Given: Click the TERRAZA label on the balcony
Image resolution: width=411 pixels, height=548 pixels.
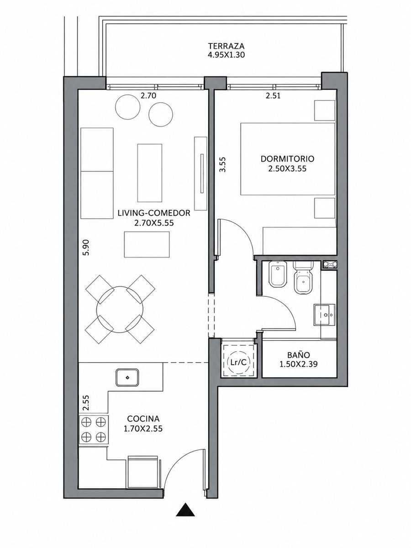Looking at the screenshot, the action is (227, 46).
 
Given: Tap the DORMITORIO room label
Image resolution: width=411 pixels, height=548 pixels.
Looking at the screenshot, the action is (287, 159).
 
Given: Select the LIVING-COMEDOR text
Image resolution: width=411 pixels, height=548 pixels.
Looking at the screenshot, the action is (154, 213).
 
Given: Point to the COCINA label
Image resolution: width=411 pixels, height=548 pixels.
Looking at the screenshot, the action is (143, 418).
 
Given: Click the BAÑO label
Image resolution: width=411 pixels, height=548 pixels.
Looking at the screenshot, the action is (299, 355).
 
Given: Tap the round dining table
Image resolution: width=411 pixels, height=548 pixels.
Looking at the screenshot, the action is (120, 309).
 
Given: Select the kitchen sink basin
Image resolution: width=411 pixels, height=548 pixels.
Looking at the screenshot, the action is (127, 377).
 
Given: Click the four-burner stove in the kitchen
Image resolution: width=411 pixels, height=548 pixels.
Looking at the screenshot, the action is (94, 429).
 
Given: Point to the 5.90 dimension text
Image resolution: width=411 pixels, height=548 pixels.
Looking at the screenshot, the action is (86, 247).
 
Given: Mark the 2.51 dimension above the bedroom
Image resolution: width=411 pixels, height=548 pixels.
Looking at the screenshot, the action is (273, 95).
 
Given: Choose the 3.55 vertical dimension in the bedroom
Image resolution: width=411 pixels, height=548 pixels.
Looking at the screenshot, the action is (222, 164).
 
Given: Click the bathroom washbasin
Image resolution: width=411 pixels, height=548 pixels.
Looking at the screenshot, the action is (325, 315).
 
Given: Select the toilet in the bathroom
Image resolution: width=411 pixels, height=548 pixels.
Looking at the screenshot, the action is (303, 278).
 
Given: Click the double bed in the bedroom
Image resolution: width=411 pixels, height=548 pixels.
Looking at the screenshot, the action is (288, 158).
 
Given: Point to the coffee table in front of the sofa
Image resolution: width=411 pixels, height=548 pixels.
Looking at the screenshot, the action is (149, 173).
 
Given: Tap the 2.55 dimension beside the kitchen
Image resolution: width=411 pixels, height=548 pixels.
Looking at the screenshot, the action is (86, 403).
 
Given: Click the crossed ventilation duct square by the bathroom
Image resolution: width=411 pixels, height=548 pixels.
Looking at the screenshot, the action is (329, 264).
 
